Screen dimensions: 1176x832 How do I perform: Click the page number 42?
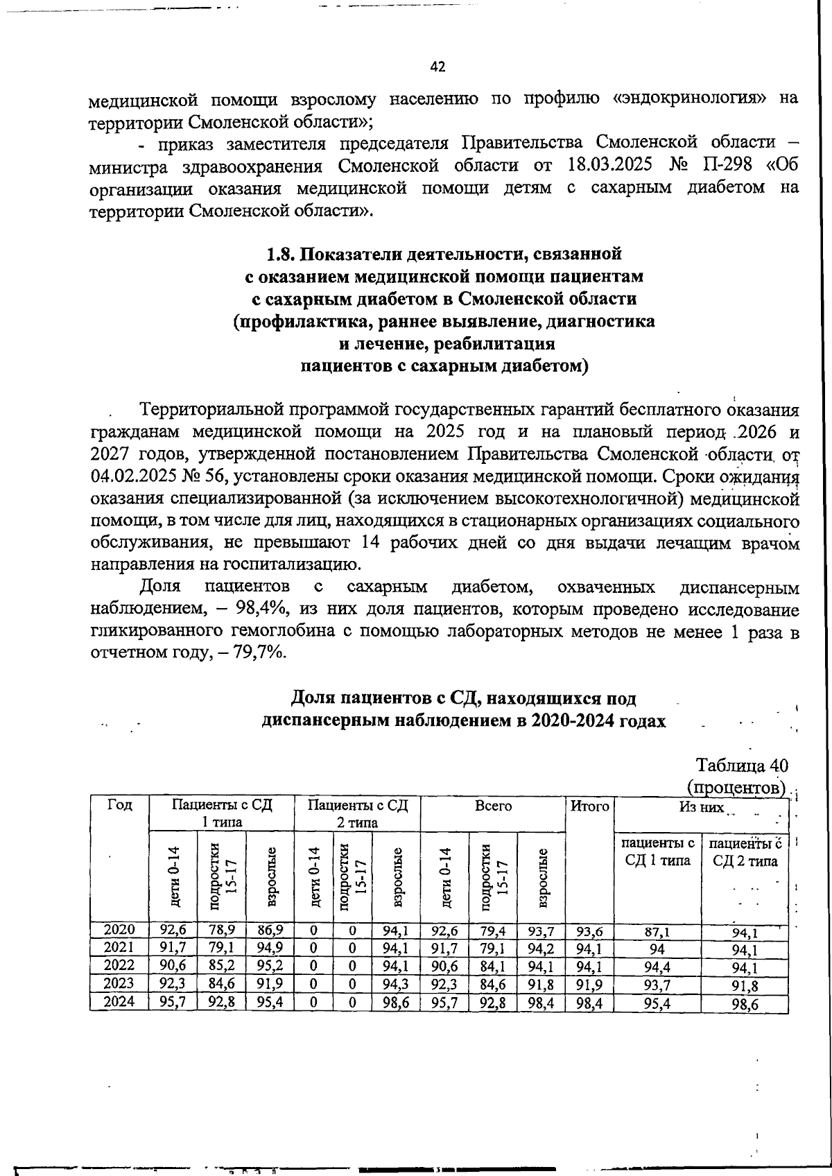tap(437, 67)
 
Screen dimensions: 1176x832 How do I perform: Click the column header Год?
tap(119, 806)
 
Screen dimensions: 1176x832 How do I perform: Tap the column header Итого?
tap(589, 806)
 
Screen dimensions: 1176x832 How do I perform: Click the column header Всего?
tap(493, 806)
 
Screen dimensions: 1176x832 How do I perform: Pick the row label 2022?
tap(119, 966)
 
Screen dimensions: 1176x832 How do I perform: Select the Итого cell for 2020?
tap(589, 931)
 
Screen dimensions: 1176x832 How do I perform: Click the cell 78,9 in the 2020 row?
tap(222, 930)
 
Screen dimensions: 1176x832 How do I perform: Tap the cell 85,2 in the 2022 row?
tap(222, 966)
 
